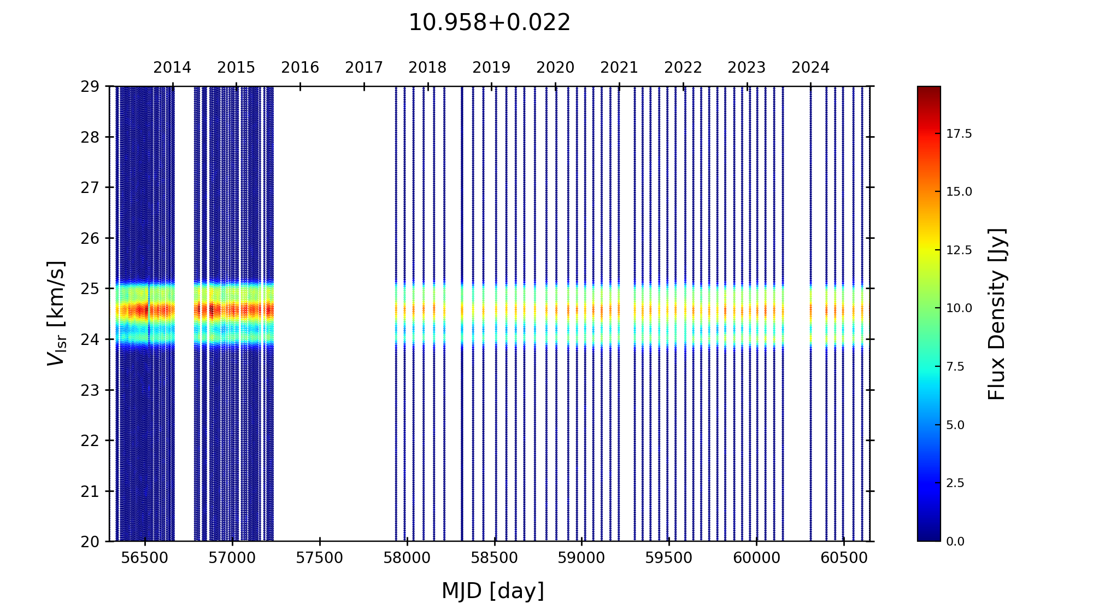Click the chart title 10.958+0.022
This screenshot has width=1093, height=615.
489,23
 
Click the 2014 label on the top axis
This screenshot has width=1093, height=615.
172,68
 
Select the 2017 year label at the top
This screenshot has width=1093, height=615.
364,68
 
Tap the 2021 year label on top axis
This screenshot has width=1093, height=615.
619,68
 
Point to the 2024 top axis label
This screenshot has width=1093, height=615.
810,68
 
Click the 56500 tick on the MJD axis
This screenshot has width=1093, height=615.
145,558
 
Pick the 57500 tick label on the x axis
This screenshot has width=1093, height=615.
320,558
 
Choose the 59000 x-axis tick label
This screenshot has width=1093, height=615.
581,558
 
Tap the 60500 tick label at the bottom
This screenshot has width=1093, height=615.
844,558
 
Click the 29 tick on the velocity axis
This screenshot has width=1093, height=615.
90,86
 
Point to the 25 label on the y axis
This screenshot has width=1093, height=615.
90,289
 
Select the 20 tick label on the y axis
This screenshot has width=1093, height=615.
90,542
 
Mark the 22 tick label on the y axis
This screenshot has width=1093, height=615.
90,441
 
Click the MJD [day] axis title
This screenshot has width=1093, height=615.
492,591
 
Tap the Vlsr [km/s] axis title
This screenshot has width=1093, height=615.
56,313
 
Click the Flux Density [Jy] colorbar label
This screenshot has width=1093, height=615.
997,314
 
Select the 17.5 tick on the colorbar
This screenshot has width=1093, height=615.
959,134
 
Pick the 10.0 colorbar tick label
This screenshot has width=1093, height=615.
959,308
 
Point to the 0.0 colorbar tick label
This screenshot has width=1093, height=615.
955,542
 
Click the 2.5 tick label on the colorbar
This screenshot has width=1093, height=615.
955,483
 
